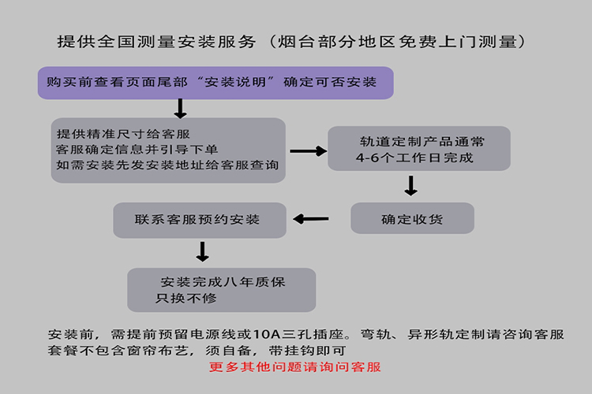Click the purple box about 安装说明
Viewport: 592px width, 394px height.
(215, 83)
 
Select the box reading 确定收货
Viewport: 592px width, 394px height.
(412, 218)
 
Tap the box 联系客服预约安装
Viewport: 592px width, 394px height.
(200, 220)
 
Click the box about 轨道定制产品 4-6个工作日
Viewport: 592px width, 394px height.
(419, 149)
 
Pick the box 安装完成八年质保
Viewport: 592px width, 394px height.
(222, 290)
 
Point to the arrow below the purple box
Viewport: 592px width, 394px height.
(180, 109)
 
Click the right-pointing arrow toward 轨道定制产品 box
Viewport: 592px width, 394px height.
(309, 151)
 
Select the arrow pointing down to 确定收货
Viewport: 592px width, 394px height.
(410, 185)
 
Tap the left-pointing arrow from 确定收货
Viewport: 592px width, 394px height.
(311, 219)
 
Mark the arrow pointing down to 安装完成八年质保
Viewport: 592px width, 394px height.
(202, 252)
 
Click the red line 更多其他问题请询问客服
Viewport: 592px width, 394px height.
(295, 367)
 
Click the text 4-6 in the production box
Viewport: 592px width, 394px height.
(367, 158)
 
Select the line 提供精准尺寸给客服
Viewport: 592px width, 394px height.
(123, 134)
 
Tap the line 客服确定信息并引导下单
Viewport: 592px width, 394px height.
(137, 149)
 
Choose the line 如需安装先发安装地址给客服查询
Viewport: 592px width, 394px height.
(167, 165)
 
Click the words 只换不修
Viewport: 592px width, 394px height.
(186, 298)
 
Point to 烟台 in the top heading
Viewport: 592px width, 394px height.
(297, 42)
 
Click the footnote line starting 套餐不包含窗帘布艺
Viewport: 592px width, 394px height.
(197, 351)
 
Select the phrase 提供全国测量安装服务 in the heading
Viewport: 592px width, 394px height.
(157, 42)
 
